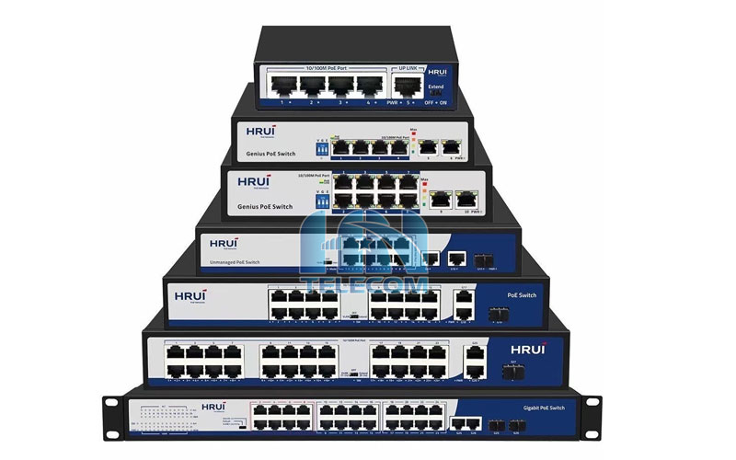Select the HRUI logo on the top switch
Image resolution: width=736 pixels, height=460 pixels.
click(x=437, y=73)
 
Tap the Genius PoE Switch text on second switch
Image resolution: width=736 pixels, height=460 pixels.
click(x=269, y=155)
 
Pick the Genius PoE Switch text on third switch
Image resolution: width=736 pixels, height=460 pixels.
click(x=263, y=206)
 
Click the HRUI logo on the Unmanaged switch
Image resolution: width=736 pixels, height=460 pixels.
click(x=224, y=245)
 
